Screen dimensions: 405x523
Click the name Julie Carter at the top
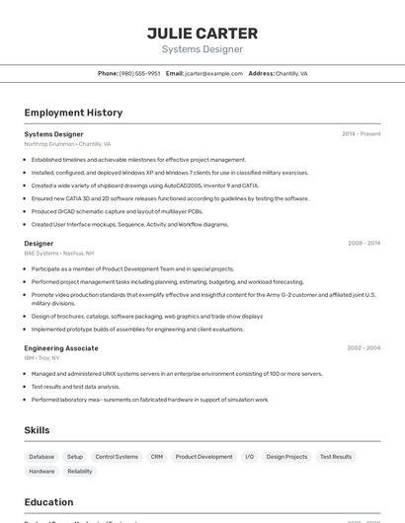point(202,34)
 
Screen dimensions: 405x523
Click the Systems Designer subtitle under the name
point(202,49)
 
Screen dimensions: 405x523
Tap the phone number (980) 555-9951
point(139,73)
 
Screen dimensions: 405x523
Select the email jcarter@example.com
point(213,73)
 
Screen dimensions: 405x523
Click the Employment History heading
point(73,112)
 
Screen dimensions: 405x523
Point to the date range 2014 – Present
point(361,133)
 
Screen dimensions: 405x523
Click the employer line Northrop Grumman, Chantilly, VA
point(67,143)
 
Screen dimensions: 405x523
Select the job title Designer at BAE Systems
point(39,243)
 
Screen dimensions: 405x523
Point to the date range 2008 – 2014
point(364,243)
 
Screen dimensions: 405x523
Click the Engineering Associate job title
point(61,347)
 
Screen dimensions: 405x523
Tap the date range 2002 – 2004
point(364,347)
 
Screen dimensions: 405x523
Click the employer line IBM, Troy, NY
point(42,357)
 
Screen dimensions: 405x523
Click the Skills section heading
point(37,430)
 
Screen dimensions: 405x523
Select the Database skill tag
point(41,457)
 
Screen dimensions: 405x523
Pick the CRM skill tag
point(157,457)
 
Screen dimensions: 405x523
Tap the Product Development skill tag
point(204,457)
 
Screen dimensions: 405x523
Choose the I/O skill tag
point(250,457)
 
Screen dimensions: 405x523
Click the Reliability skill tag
point(80,472)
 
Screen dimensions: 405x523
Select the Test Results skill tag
point(336,457)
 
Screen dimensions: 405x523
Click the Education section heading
point(48,502)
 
